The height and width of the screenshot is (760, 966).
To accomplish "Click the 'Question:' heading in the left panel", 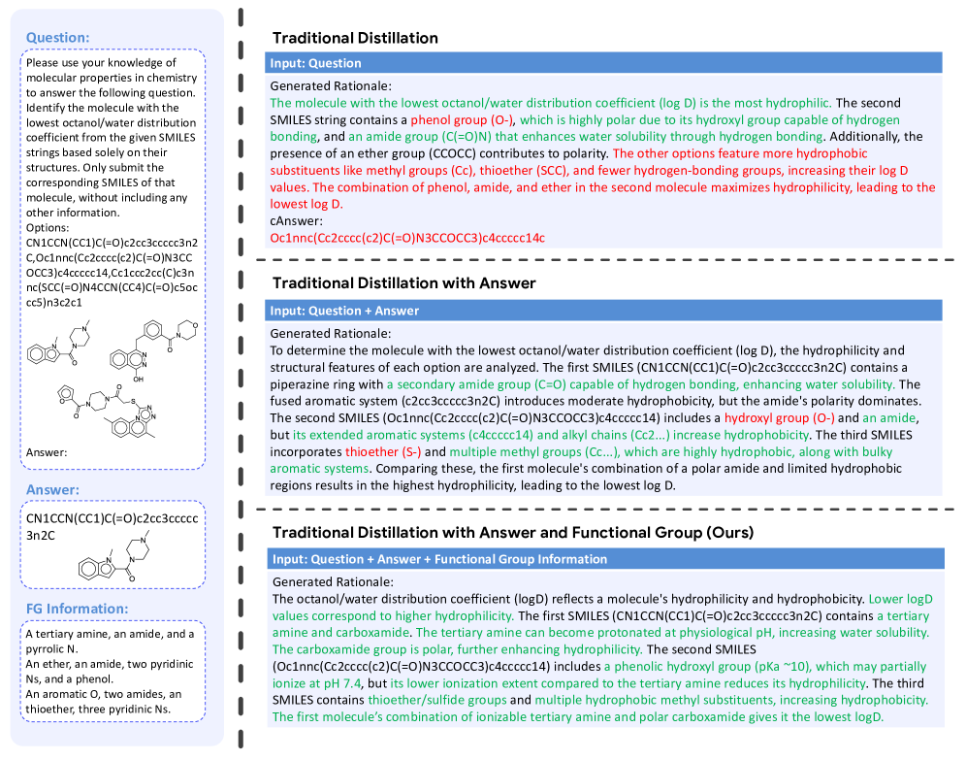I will coord(57,38).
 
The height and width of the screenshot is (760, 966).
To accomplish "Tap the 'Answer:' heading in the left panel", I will coord(53,490).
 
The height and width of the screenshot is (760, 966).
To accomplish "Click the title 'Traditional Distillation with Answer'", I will coord(404,283).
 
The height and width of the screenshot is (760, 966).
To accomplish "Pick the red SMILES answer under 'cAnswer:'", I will coord(407,238).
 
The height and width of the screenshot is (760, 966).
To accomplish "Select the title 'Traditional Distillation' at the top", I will coord(355,38).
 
